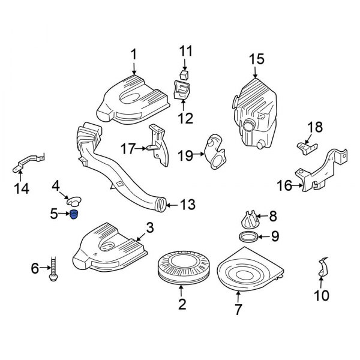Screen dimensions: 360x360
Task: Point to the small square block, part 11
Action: click(184, 74)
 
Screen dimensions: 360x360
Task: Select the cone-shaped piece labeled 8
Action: click(248, 218)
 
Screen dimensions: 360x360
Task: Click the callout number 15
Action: click(256, 59)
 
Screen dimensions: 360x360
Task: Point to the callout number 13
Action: click(187, 205)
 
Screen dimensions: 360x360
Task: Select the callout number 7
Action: click(238, 310)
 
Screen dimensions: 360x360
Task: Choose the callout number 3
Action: click(150, 228)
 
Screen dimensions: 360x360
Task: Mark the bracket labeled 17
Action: click(157, 144)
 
